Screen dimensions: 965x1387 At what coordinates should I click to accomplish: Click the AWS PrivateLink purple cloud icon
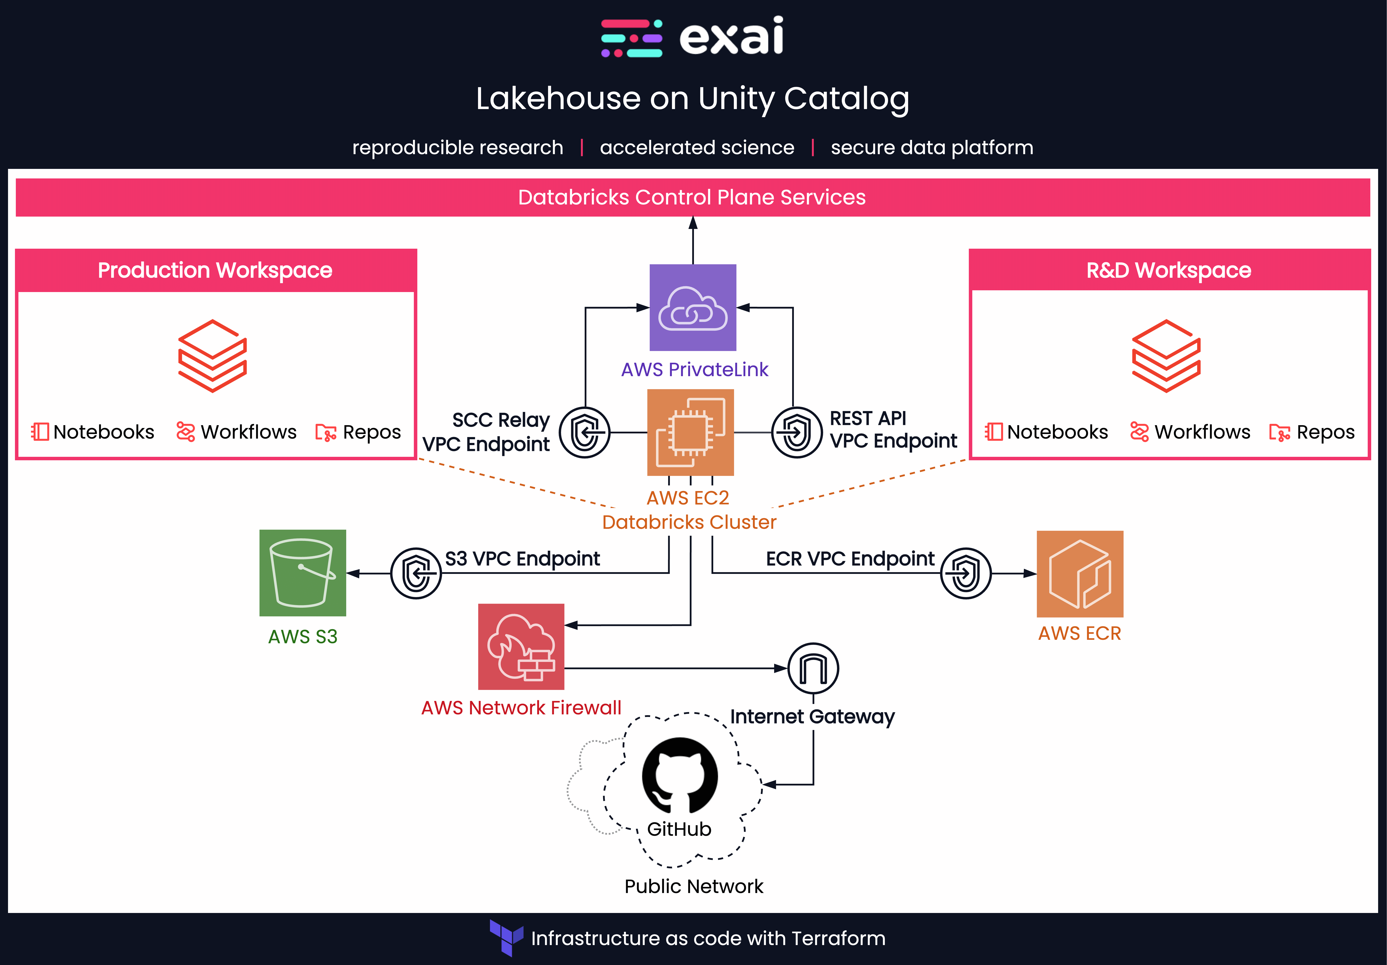click(x=693, y=308)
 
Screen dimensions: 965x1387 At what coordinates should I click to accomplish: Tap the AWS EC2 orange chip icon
click(x=690, y=433)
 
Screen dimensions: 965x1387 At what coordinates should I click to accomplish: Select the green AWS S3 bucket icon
click(x=303, y=573)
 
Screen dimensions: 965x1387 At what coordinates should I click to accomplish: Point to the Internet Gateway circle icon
click(x=813, y=668)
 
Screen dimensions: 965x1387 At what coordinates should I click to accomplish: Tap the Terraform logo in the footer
click(x=506, y=937)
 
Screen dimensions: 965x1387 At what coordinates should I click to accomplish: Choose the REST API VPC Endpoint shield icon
click(x=797, y=433)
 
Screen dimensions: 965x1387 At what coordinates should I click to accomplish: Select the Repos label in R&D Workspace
click(x=1325, y=432)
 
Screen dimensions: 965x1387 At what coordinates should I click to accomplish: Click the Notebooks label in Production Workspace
click(x=103, y=432)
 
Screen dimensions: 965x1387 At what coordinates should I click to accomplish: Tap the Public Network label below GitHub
click(x=693, y=886)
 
